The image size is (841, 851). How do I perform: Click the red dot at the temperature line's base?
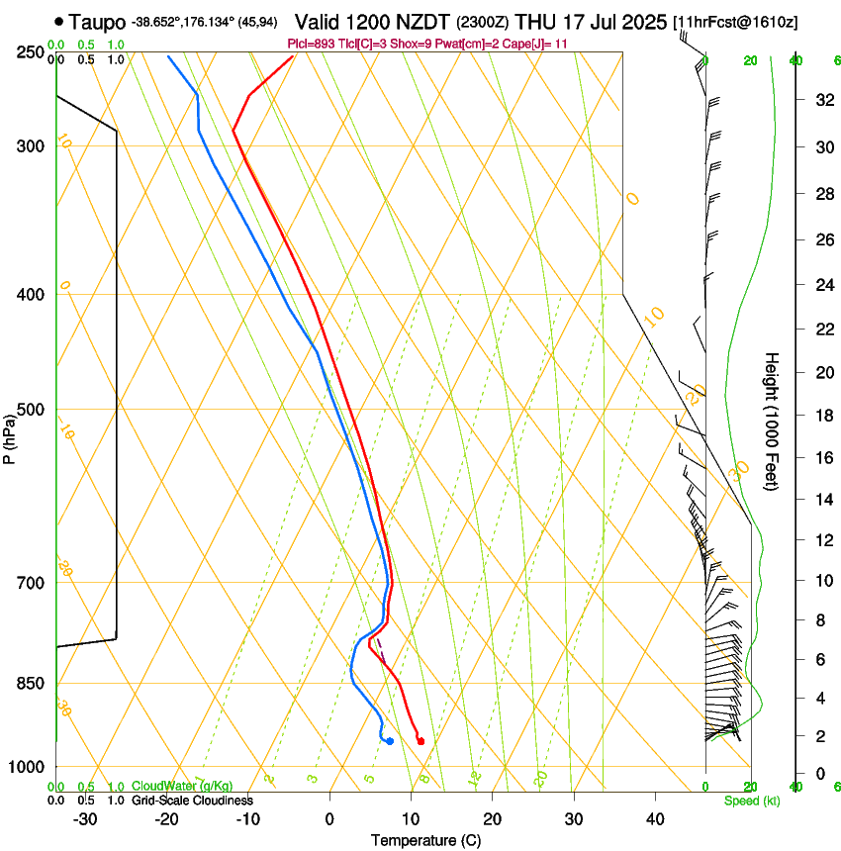click(x=420, y=741)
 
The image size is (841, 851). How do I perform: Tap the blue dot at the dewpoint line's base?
click(x=390, y=741)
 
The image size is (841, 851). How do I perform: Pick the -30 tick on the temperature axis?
click(x=85, y=819)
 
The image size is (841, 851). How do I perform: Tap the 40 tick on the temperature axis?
click(x=655, y=819)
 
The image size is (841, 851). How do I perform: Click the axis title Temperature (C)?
click(x=425, y=840)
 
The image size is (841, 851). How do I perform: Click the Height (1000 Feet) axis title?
click(x=773, y=421)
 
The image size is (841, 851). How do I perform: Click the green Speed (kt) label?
click(x=751, y=801)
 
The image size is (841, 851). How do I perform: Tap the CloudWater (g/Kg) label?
click(x=182, y=787)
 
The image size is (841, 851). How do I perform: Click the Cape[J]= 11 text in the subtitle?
click(x=538, y=45)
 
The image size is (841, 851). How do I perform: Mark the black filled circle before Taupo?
click(x=60, y=21)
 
